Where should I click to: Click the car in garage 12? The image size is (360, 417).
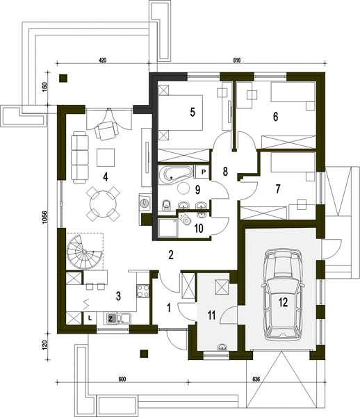click(283, 295)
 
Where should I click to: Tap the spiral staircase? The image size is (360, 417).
click(84, 252)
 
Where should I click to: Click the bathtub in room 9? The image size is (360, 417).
click(175, 174)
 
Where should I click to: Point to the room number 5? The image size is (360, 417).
click(193, 112)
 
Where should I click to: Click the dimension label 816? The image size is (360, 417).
click(236, 60)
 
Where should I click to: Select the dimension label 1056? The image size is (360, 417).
click(44, 217)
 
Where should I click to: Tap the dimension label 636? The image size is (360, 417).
click(256, 379)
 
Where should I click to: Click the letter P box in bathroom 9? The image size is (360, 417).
click(203, 172)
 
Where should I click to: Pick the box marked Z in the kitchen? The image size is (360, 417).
click(111, 318)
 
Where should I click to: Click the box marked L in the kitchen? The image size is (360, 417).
click(90, 318)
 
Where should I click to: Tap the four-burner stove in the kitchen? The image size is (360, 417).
click(142, 291)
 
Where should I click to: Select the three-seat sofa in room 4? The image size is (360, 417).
click(79, 158)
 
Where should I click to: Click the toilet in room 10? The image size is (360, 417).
click(185, 219)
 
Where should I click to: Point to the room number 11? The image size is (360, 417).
click(211, 315)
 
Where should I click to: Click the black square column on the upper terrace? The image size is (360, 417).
click(63, 78)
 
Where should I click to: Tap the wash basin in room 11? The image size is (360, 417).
click(222, 347)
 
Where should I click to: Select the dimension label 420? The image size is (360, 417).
click(102, 60)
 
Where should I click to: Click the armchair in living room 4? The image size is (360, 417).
click(106, 130)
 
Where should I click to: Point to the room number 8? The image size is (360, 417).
click(225, 172)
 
